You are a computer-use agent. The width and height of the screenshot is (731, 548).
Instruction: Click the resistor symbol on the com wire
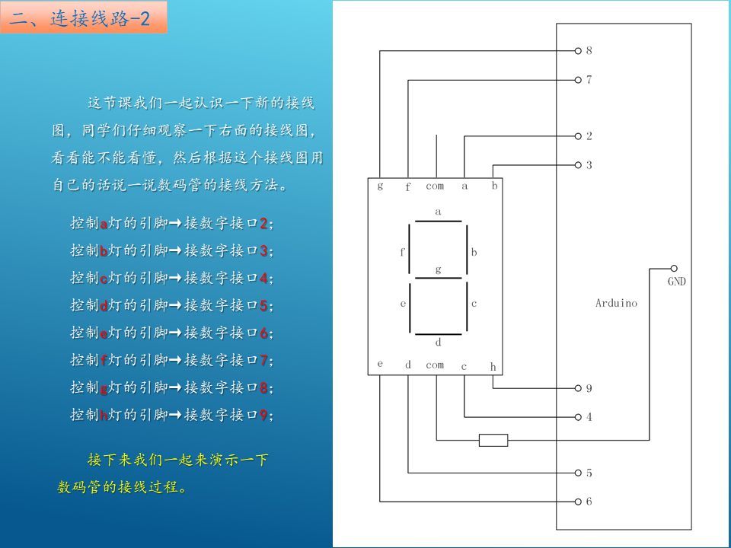tap(493, 440)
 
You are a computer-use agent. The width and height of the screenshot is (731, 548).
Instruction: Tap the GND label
tap(676, 282)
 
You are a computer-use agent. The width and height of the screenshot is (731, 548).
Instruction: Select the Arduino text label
tap(616, 303)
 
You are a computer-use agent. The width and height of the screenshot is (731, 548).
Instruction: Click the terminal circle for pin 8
tap(578, 51)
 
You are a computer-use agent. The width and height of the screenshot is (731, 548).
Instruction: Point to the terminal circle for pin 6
tap(578, 502)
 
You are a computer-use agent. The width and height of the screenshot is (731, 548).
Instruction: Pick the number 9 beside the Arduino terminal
tap(589, 388)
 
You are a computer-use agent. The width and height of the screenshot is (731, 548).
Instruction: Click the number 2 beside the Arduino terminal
tap(589, 136)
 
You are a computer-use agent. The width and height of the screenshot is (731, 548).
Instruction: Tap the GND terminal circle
tap(674, 269)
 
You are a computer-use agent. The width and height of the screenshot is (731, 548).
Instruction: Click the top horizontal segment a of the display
tap(439, 221)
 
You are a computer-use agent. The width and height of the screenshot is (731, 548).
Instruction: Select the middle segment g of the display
tap(439, 279)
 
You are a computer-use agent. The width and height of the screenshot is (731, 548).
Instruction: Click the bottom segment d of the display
tap(439, 335)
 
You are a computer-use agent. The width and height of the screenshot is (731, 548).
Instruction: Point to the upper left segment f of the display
tap(410, 250)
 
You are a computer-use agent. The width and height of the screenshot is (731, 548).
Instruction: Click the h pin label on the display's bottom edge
tap(493, 367)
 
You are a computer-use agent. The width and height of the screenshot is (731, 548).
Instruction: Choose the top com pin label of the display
tap(435, 186)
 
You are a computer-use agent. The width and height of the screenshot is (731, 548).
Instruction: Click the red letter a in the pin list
tap(104, 224)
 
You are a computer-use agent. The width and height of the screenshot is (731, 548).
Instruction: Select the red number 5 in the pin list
tap(263, 306)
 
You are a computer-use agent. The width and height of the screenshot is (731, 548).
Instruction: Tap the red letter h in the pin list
tap(104, 415)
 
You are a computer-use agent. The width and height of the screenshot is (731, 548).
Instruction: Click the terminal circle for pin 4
tap(578, 417)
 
